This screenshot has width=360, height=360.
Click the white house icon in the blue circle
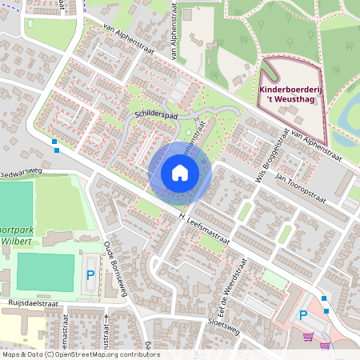pyautogui.click(x=180, y=172)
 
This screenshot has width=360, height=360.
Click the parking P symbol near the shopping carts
pyautogui.click(x=304, y=315)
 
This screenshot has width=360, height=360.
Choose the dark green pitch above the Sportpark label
pyautogui.click(x=16, y=204)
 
